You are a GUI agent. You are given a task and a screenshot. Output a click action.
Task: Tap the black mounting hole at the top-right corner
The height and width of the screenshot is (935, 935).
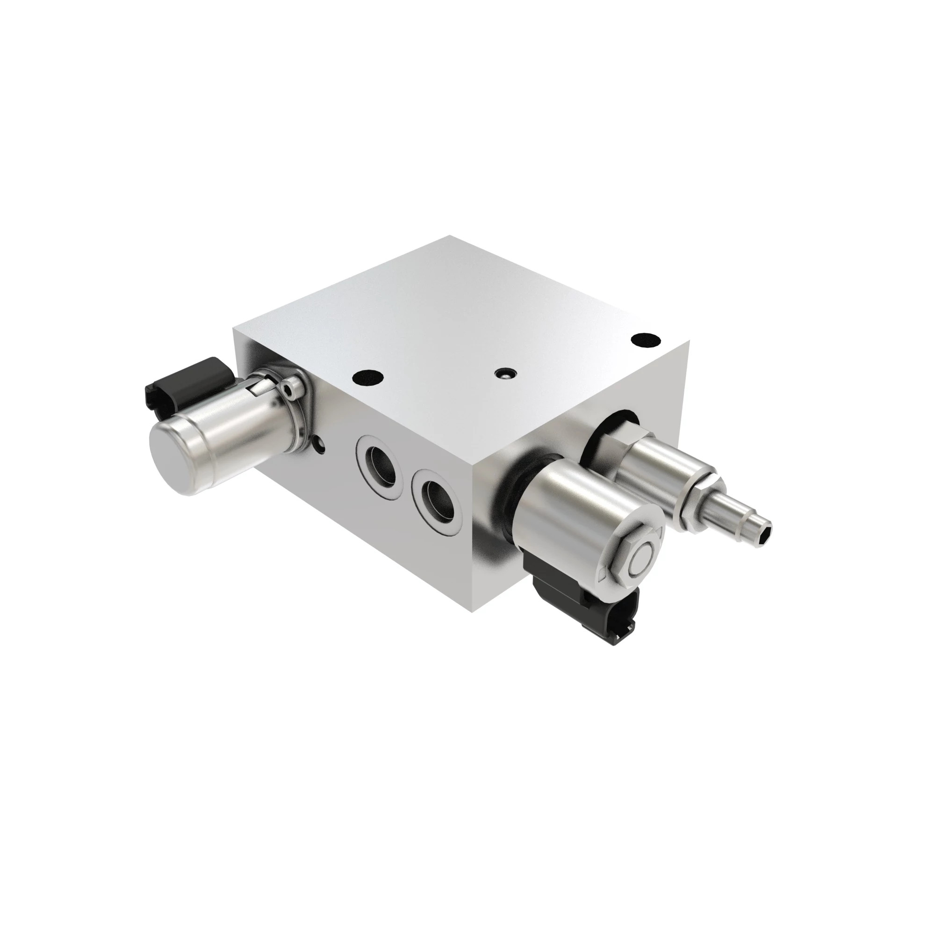click(x=647, y=339)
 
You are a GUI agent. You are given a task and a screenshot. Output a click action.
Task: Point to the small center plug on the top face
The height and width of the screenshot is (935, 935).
click(x=504, y=373)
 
